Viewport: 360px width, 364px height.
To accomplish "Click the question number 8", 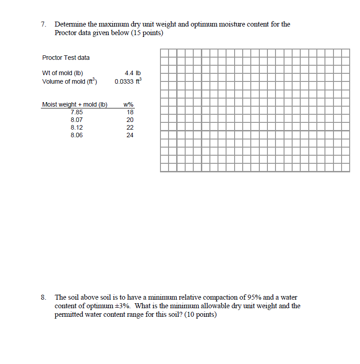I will click(x=43, y=297).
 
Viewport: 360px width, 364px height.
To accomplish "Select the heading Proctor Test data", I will click(x=66, y=58).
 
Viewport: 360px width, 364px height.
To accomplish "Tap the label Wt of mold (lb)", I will click(x=62, y=73).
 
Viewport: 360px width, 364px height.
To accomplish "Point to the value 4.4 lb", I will click(x=133, y=73).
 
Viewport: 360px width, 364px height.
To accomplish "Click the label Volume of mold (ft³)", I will click(x=70, y=81).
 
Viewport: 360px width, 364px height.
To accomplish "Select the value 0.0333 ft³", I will click(x=128, y=81).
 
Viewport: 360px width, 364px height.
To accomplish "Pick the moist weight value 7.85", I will click(x=76, y=112).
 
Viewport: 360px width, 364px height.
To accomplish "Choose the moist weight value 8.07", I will click(x=76, y=120).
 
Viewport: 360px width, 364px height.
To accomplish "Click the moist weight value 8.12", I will click(x=76, y=127).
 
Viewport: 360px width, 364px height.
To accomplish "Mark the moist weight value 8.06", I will click(x=76, y=135).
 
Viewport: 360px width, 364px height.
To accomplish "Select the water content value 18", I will click(x=130, y=112).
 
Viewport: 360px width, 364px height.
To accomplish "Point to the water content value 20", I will click(x=130, y=120).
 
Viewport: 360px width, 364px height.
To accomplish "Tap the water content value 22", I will click(x=130, y=127).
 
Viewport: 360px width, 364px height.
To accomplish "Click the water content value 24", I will click(x=130, y=135).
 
